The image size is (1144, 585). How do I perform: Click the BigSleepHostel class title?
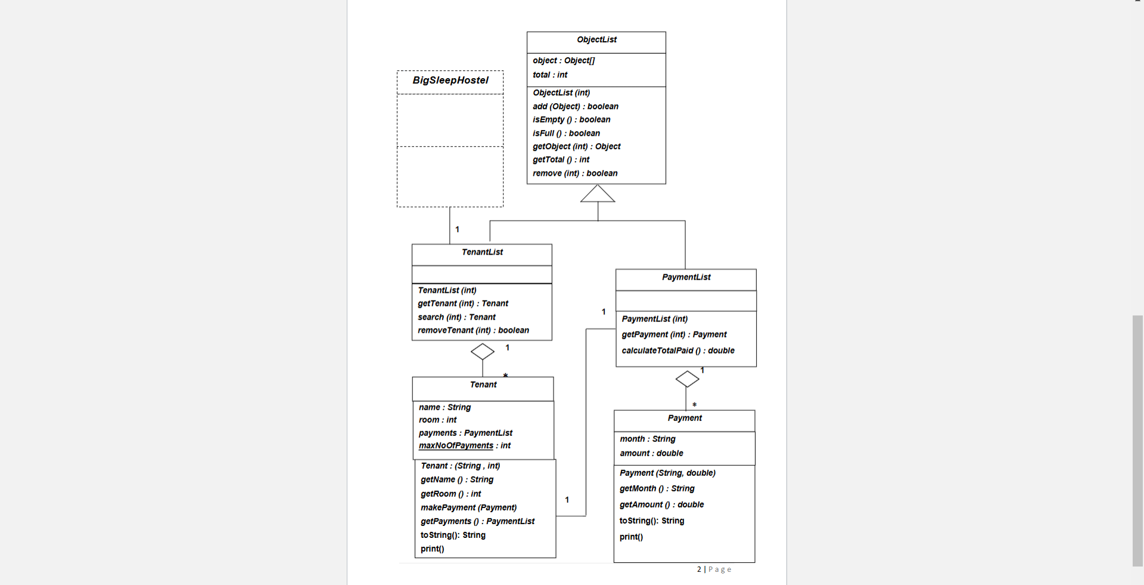(x=450, y=81)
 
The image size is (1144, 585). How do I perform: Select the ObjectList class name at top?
(x=596, y=40)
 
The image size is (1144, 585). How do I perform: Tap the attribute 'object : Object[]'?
(x=564, y=61)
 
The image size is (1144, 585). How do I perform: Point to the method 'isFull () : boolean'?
(x=566, y=134)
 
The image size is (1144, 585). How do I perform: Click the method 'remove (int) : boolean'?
(x=575, y=174)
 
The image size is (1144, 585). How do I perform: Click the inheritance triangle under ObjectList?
(x=598, y=194)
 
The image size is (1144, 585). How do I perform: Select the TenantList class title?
(x=482, y=252)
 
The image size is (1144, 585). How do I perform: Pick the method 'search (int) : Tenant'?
(x=456, y=317)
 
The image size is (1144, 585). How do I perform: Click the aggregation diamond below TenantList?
(x=483, y=352)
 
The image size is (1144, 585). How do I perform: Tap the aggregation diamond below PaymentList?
(x=687, y=379)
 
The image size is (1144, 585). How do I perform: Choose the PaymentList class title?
(x=686, y=277)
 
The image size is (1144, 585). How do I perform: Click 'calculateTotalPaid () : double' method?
(x=678, y=351)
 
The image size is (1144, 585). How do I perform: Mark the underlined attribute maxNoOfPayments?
(x=456, y=446)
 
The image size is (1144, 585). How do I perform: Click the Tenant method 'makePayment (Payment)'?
(x=468, y=507)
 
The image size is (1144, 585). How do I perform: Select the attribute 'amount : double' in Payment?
(x=651, y=454)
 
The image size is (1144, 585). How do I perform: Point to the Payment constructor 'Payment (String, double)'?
(x=667, y=473)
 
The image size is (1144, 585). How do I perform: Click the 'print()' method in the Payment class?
(x=631, y=537)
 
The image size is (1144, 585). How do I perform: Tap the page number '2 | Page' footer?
(x=714, y=569)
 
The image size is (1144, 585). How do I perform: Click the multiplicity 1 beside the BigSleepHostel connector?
(x=457, y=230)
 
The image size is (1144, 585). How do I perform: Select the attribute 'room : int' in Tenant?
(x=437, y=420)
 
